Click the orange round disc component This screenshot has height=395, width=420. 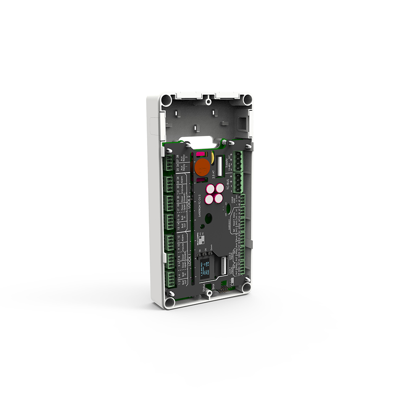click(202, 167)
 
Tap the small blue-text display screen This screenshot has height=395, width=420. click(207, 269)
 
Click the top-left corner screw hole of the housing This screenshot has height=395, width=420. click(166, 100)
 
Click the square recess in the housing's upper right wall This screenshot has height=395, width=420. click(242, 123)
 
